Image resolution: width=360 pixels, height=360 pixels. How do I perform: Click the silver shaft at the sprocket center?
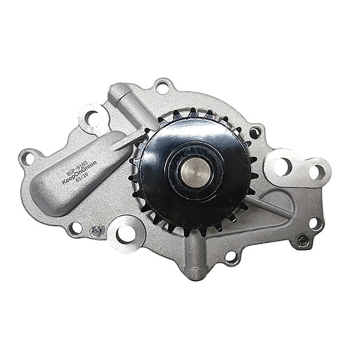point(195,171)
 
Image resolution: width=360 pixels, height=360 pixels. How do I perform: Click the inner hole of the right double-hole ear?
point(282,166)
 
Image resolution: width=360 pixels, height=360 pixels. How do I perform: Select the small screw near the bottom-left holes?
point(96,231)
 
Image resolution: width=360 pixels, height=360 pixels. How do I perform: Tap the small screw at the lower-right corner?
point(303,240)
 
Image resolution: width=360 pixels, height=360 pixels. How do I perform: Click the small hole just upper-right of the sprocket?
point(254,133)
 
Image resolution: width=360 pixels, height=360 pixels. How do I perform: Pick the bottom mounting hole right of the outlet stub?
point(232,256)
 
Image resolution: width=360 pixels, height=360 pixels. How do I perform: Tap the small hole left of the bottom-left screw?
point(76,227)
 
